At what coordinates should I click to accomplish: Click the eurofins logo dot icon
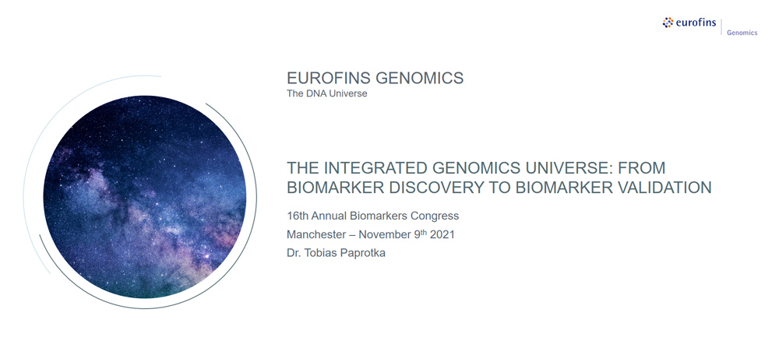[668, 23]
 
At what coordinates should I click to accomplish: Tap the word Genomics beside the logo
[742, 33]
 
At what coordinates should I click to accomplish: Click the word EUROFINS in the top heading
[329, 79]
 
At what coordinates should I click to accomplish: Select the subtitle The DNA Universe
[327, 93]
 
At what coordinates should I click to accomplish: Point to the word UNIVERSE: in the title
[562, 168]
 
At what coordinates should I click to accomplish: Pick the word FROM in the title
[641, 168]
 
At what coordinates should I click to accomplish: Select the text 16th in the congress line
[295, 216]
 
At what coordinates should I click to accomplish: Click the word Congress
[439, 216]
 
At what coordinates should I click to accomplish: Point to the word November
[384, 234]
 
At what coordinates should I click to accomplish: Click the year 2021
[442, 234]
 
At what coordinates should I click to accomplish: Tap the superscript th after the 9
[423, 232]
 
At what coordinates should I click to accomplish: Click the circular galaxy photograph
[145, 197]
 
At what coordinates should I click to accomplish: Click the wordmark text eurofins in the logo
[696, 23]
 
